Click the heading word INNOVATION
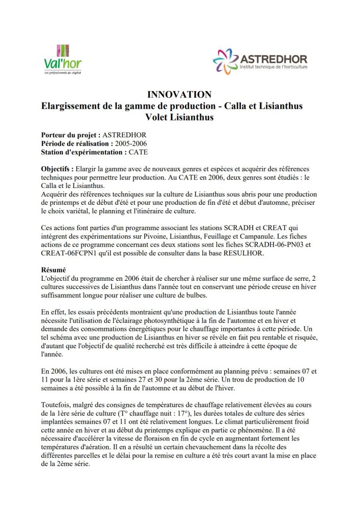click(x=179, y=94)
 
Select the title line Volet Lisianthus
click(x=179, y=117)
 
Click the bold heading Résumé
click(x=53, y=270)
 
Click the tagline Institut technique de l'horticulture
click(x=274, y=67)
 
